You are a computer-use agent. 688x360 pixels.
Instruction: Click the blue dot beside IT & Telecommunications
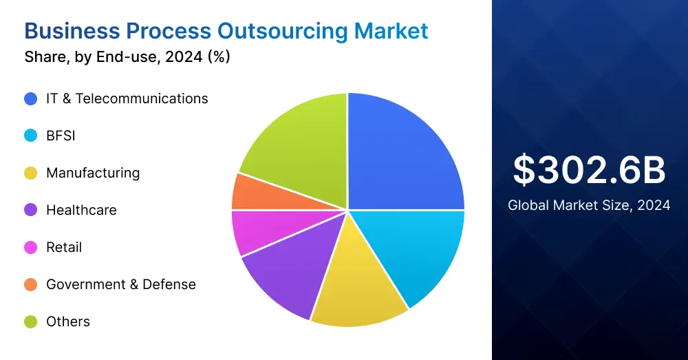[x=30, y=98]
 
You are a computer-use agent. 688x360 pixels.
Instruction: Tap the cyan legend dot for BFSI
[x=30, y=136]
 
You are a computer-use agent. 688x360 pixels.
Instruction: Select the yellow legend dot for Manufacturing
[x=30, y=173]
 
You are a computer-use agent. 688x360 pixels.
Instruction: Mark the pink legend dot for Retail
[x=30, y=247]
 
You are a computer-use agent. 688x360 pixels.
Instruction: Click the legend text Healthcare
[x=81, y=210]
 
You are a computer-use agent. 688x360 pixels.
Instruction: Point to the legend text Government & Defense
[x=121, y=284]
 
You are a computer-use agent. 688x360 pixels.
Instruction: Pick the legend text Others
[x=68, y=321]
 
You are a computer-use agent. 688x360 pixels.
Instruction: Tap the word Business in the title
[x=72, y=31]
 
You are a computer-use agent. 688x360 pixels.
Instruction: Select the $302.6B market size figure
[x=590, y=170]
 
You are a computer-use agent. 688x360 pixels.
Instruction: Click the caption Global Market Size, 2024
[x=589, y=205]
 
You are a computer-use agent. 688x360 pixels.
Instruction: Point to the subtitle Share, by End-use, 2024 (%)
[x=127, y=57]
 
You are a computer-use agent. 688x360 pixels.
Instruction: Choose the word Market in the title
[x=391, y=31]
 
